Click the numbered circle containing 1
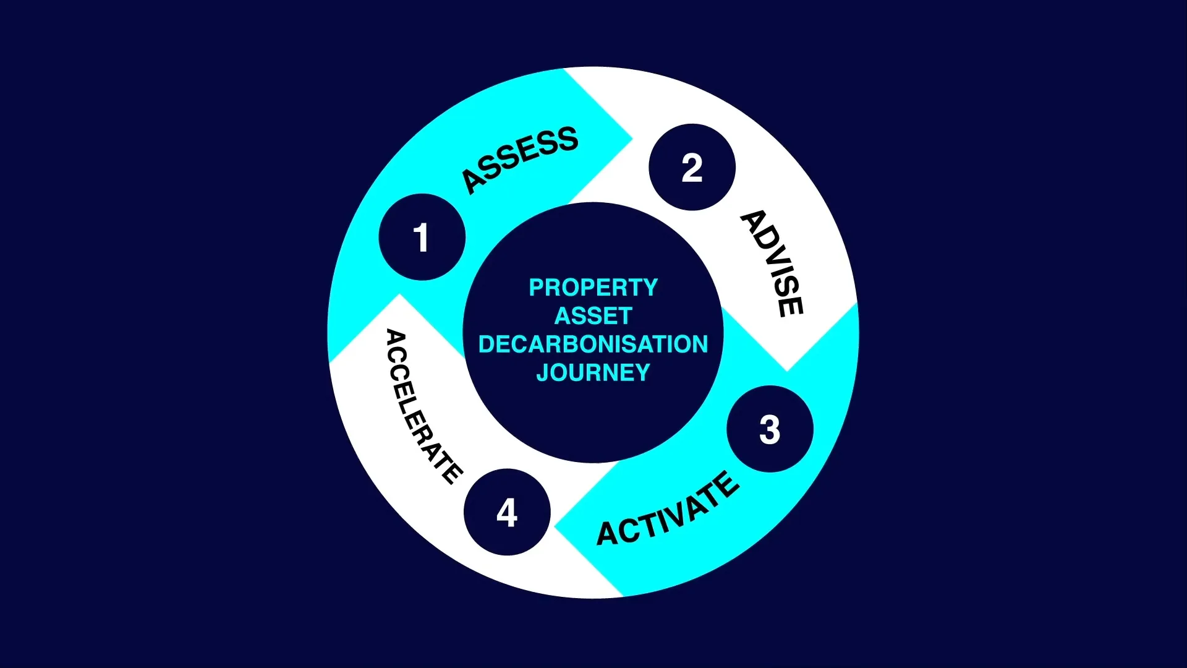(x=422, y=238)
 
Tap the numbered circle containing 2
(x=692, y=168)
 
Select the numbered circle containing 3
(x=770, y=429)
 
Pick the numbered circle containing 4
(x=507, y=512)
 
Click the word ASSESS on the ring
(x=520, y=160)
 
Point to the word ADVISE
(x=773, y=263)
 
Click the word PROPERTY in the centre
(x=593, y=288)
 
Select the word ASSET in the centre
(x=593, y=316)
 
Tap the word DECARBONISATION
(x=593, y=345)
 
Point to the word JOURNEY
(x=593, y=373)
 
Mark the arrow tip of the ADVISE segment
(x=786, y=369)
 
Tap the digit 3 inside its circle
(x=770, y=429)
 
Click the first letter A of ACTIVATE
(x=608, y=534)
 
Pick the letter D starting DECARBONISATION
(x=487, y=345)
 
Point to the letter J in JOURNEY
(x=543, y=373)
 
